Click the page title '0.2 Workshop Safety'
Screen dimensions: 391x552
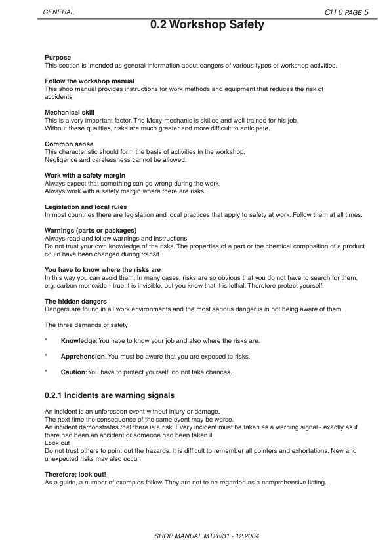pos(207,25)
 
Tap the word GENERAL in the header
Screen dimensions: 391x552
pos(59,12)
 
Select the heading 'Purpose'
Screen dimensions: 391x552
pos(58,58)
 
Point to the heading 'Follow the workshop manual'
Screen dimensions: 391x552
pos(89,81)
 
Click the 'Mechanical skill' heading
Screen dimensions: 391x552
pos(70,113)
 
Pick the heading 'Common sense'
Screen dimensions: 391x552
pos(69,144)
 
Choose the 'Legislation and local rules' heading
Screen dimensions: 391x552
pos(86,207)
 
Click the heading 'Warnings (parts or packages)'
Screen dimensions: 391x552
pos(91,231)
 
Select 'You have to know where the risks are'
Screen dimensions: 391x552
pos(102,270)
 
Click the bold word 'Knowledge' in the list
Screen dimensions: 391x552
pos(79,341)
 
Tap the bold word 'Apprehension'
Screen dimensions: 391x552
pos(83,357)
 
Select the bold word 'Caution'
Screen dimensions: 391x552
pos(73,372)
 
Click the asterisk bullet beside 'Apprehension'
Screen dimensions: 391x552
pos(46,357)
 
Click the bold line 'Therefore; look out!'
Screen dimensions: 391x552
pos(75,474)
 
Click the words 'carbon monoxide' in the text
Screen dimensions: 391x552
pos(78,286)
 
